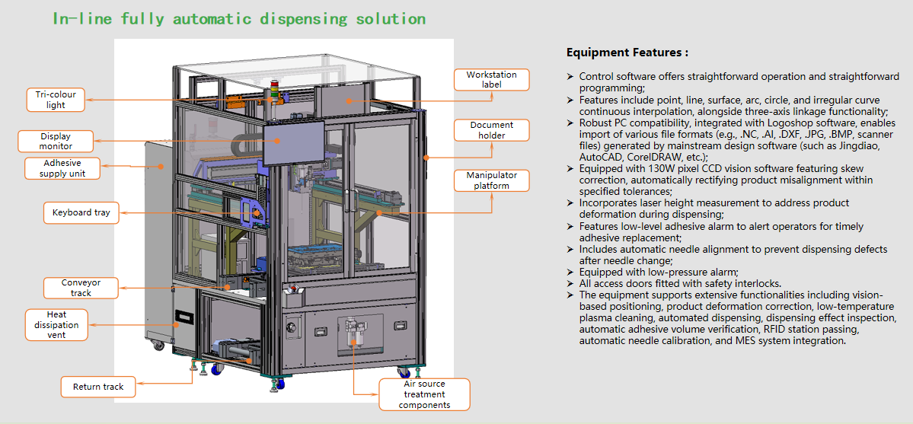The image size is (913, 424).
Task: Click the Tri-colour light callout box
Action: coord(56,100)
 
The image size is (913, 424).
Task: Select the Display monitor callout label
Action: coord(56,141)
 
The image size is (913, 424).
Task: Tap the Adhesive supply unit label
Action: coord(62,168)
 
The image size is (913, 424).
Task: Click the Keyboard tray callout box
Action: coord(81,213)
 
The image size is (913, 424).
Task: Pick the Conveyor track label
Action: coord(81,288)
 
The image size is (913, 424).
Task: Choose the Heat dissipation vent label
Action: coord(56,324)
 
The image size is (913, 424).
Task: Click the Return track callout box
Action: coord(98,387)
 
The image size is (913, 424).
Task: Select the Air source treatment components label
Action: coord(424,394)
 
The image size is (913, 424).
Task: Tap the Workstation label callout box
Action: coord(491,79)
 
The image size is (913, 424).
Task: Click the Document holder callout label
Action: coord(491,130)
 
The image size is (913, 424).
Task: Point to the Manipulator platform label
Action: coord(491,180)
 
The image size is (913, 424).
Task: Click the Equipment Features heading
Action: coord(627,53)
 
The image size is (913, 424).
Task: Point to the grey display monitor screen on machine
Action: coord(292,142)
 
